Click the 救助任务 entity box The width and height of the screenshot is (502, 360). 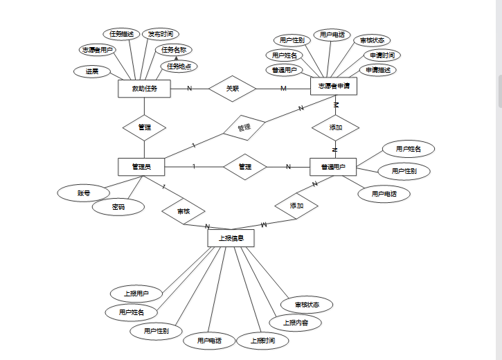[x=145, y=88]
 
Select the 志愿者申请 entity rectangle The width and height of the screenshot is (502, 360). [x=334, y=87]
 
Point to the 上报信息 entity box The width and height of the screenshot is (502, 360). [x=231, y=237]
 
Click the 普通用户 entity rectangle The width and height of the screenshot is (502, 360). [x=333, y=167]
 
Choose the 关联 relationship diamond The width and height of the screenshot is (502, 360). [x=233, y=88]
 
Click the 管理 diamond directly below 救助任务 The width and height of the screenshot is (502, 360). [x=145, y=127]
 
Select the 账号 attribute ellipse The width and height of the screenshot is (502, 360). [x=82, y=192]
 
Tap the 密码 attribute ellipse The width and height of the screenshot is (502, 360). [x=118, y=207]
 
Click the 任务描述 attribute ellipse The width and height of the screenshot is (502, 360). [x=123, y=33]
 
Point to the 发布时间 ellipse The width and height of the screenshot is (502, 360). [x=161, y=33]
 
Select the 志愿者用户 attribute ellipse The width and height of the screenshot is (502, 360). [x=98, y=50]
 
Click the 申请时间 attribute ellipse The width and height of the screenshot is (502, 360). [x=380, y=55]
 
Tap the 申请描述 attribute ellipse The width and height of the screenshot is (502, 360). [x=379, y=70]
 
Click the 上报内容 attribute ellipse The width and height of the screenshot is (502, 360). [x=295, y=323]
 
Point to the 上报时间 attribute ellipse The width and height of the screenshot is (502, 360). [x=260, y=341]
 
